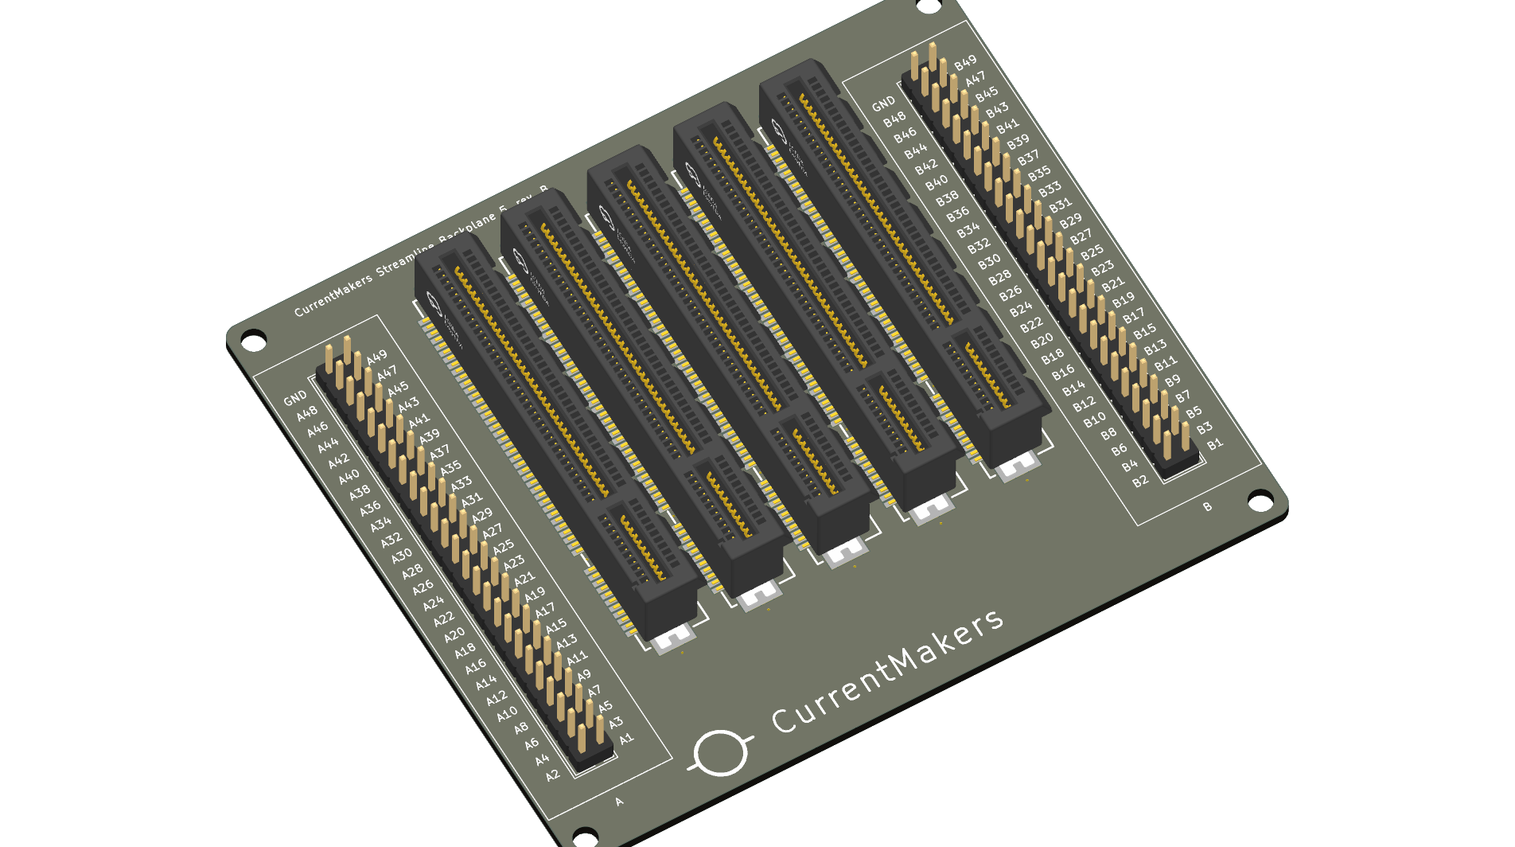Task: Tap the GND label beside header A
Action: [295, 397]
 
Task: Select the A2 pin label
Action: [553, 775]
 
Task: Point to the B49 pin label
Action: [965, 63]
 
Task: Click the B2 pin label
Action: [1140, 481]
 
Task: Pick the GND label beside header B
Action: [883, 104]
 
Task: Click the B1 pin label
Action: [1215, 444]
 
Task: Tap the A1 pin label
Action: [626, 739]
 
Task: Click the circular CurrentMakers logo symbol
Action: [721, 751]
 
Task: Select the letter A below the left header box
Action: [619, 802]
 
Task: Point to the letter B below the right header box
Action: [1207, 507]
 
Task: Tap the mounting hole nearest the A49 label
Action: [253, 340]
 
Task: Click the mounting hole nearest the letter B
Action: [1260, 500]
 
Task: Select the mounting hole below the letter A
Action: [585, 836]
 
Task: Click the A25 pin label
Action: [503, 547]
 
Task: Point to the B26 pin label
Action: [1010, 291]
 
